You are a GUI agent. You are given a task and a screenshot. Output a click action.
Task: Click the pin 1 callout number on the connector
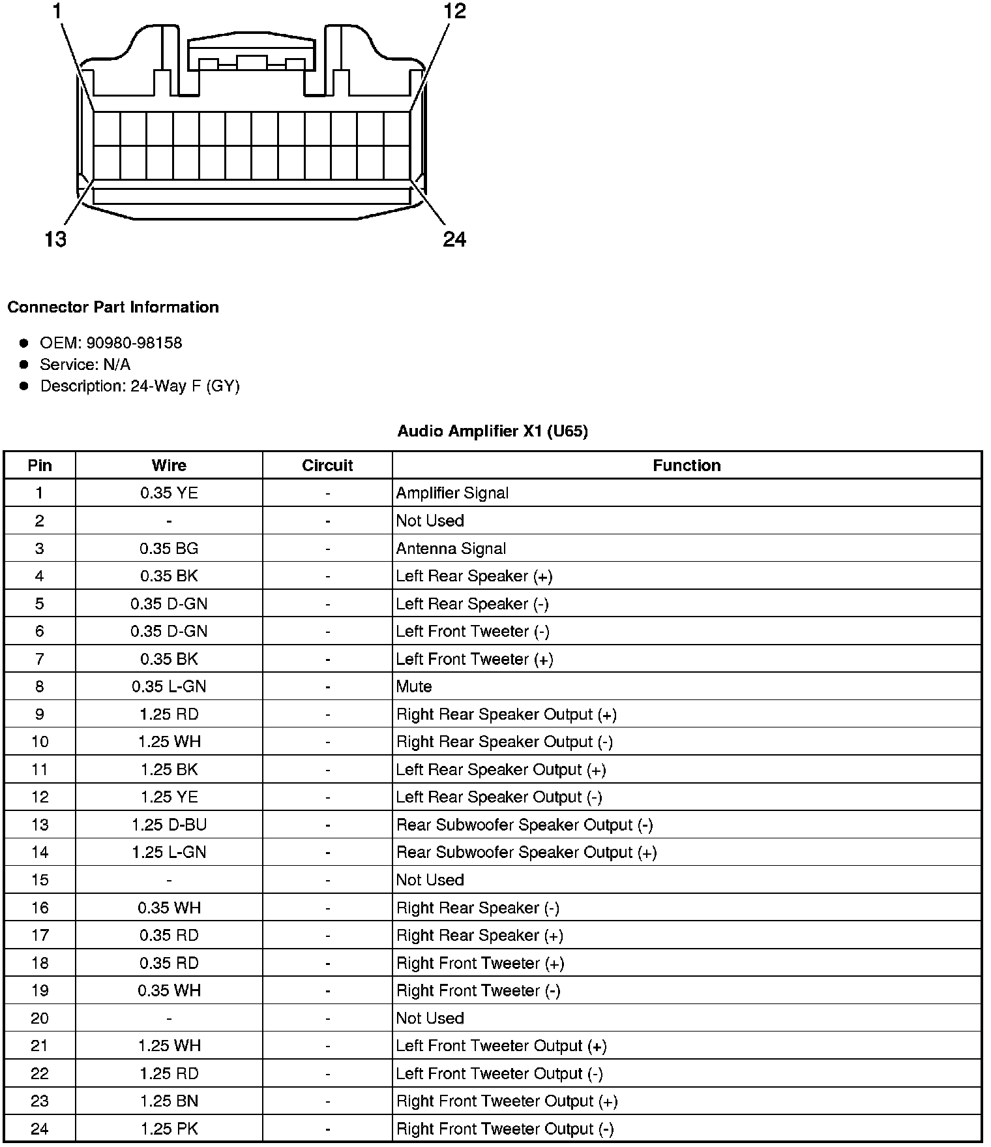[57, 11]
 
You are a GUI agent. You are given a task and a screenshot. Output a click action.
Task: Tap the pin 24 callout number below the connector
[454, 239]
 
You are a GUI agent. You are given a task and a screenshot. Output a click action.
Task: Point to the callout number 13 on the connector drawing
[55, 239]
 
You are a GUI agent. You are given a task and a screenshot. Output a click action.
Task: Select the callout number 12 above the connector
[454, 11]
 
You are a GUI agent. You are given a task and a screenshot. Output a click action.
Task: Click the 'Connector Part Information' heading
[113, 307]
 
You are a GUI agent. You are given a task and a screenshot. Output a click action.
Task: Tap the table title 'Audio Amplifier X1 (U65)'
[492, 431]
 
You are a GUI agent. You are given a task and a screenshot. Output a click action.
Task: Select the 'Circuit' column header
[327, 465]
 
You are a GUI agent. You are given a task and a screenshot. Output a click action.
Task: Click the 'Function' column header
[687, 465]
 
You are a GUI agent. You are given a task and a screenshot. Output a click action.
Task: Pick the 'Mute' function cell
[414, 686]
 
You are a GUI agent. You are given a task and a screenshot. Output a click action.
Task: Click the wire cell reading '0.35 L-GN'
[169, 686]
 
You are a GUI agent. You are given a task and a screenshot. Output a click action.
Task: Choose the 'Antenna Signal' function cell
[451, 549]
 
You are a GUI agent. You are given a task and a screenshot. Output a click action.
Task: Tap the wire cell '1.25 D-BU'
[169, 825]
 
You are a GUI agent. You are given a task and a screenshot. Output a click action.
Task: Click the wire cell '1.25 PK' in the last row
[169, 1129]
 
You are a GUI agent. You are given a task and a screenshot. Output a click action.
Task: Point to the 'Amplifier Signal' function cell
[452, 493]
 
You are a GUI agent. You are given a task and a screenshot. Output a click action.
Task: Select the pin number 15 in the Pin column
[40, 880]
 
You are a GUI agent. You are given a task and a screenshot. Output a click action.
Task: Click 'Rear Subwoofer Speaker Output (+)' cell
[526, 853]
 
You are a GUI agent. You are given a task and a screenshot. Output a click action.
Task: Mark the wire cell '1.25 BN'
[169, 1101]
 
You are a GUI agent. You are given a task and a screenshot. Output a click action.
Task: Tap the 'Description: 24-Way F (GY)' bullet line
[140, 386]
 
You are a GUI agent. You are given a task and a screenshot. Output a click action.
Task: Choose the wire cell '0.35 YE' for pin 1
[169, 493]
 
